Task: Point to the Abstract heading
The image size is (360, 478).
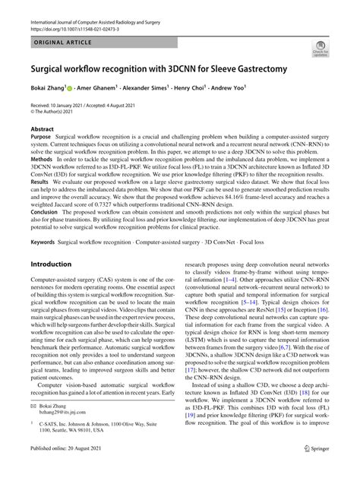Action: click(42, 130)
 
